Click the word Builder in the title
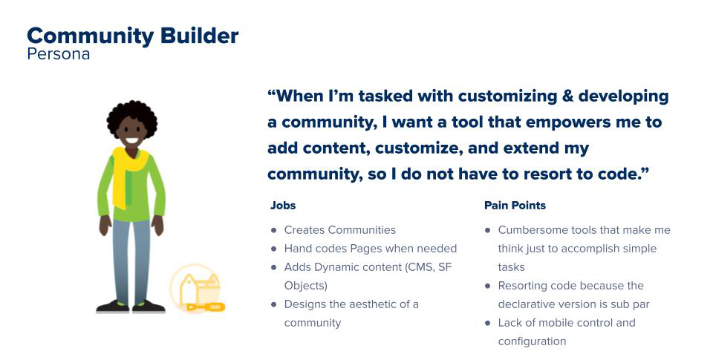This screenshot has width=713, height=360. (200, 36)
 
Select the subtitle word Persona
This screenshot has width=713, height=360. (58, 54)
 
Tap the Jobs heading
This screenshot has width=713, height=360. (283, 206)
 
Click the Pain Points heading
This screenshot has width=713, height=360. (515, 206)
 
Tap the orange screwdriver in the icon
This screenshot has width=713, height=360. (206, 307)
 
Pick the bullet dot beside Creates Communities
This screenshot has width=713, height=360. (273, 230)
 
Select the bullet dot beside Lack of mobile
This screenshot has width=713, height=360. (487, 323)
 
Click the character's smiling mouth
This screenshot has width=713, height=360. (132, 140)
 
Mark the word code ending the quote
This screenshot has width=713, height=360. (625, 174)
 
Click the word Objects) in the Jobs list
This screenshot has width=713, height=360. (305, 287)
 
